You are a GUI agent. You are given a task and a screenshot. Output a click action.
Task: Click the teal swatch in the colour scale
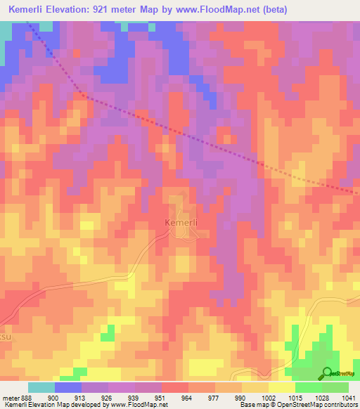click(x=41, y=388)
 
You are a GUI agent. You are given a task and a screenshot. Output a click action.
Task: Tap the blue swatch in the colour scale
click(x=68, y=388)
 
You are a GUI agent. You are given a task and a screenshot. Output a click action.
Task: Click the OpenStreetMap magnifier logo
click(x=326, y=372)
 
